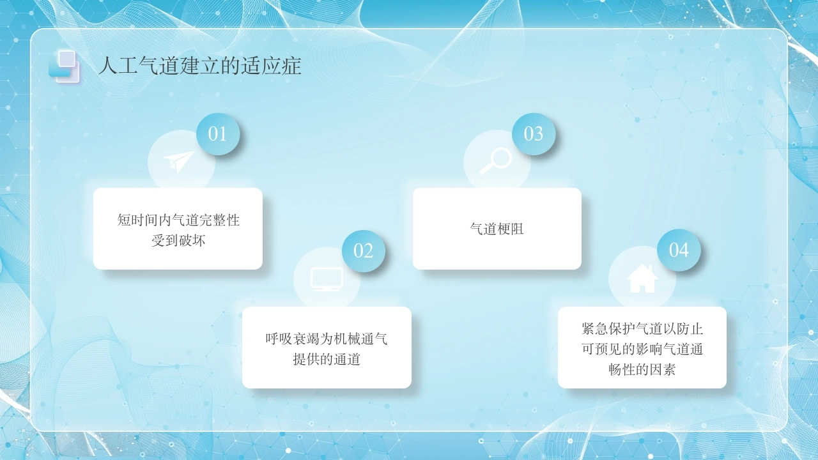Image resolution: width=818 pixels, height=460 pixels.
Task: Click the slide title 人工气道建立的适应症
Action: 200,66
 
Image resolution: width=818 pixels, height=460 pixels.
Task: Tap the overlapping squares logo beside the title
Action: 64,66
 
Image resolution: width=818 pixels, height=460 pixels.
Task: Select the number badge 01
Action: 218,134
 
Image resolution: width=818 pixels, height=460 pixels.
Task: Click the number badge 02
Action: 364,251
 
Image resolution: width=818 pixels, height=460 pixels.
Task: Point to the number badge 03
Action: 534,134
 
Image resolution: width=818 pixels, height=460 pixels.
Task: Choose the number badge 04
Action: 679,250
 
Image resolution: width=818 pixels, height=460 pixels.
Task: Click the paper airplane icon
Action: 178,162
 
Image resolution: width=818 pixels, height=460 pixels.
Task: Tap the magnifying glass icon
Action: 495,161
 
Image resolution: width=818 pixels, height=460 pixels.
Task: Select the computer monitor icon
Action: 327,279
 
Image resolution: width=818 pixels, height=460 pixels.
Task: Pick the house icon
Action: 642,279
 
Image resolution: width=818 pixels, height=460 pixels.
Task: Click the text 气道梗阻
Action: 497,229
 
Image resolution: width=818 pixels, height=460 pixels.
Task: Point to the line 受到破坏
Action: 178,241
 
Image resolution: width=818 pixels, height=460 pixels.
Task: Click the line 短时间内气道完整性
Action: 178,220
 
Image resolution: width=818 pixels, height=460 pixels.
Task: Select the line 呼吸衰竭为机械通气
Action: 327,339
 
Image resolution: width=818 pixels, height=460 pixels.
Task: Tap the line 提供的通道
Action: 327,360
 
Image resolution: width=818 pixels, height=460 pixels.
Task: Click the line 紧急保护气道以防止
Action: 642,329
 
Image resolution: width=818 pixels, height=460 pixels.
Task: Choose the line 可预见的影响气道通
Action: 642,349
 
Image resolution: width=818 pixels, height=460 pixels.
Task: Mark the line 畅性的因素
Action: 642,370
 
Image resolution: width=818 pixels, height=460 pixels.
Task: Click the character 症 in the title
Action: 291,66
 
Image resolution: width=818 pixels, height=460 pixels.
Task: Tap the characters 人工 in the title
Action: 118,66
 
